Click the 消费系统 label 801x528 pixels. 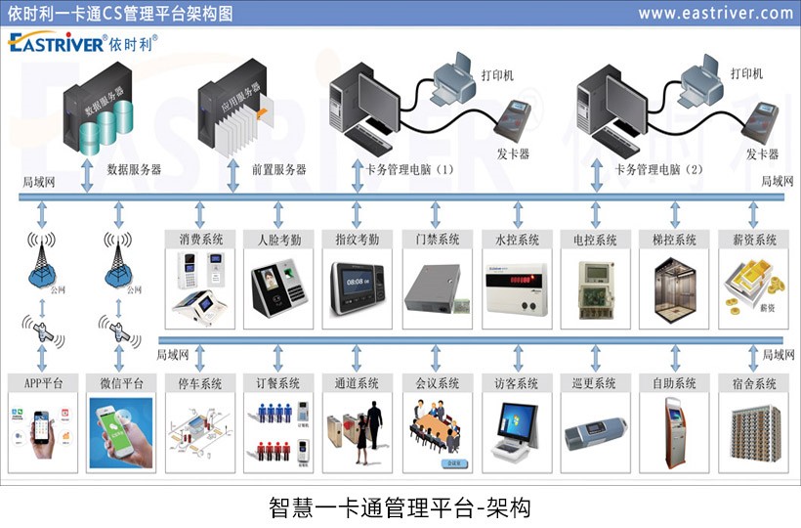point(200,240)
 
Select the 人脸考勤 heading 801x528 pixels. point(278,240)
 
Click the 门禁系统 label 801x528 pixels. point(436,240)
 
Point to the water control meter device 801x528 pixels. point(516,285)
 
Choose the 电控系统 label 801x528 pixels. point(594,240)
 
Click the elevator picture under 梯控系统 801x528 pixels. point(673,286)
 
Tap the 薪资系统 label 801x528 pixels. point(752,240)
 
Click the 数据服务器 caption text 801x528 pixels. point(134,169)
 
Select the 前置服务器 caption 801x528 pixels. point(278,169)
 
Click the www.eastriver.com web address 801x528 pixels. point(715,13)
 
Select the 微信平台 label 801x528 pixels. point(121,383)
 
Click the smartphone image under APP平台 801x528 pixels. point(41,431)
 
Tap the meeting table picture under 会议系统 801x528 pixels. point(436,430)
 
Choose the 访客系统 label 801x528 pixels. point(516,383)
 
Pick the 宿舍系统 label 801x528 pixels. point(752,383)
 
